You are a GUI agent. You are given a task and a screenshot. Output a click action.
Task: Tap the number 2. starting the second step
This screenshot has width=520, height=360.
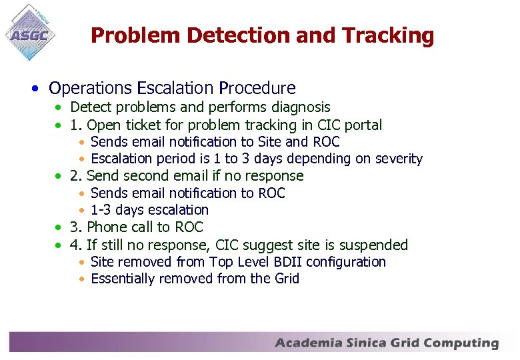pyautogui.click(x=76, y=176)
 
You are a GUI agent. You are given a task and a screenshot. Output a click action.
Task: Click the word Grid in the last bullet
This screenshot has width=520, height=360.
pyautogui.click(x=286, y=279)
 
